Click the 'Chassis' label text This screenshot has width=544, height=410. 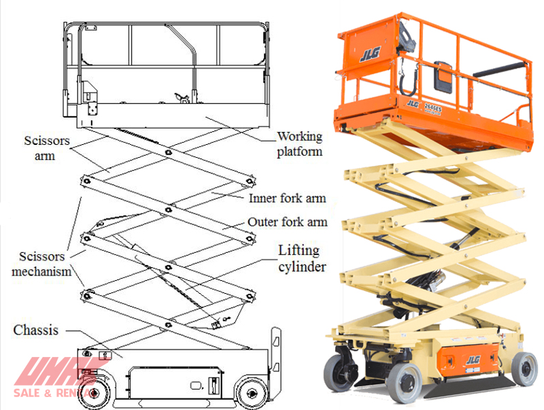[x=36, y=330]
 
